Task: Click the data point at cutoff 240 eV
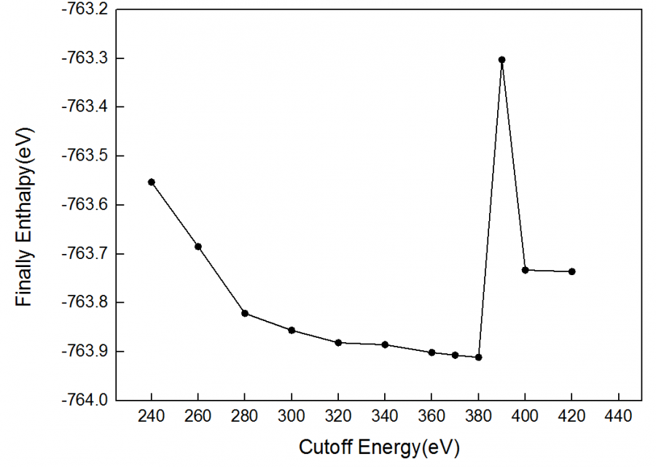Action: click(152, 182)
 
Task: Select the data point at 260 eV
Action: click(198, 246)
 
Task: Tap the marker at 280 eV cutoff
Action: click(245, 313)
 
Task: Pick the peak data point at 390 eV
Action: click(502, 60)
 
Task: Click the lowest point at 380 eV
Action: click(479, 357)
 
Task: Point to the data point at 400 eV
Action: click(525, 270)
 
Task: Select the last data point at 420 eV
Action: click(572, 271)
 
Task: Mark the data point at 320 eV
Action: click(338, 342)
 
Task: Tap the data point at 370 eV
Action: click(455, 355)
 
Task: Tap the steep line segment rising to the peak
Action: click(491, 208)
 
